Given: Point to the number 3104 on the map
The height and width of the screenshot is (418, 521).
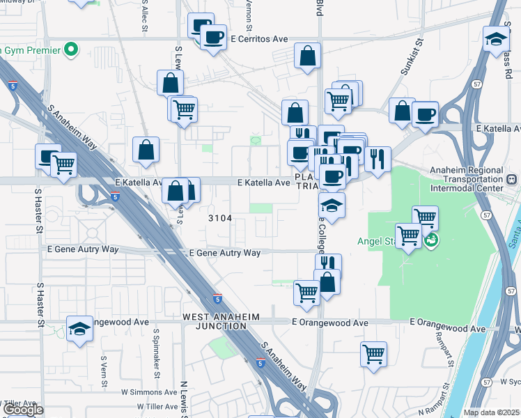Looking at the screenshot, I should [220, 218].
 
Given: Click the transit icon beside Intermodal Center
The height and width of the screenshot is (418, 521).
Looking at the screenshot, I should [512, 179].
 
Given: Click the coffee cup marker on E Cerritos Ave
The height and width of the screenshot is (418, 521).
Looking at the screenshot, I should [213, 36].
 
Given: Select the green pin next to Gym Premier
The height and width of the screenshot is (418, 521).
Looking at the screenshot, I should [70, 49].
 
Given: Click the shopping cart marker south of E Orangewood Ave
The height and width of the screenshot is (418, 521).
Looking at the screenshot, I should [374, 353].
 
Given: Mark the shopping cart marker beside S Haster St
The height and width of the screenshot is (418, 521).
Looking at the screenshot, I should [63, 165].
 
